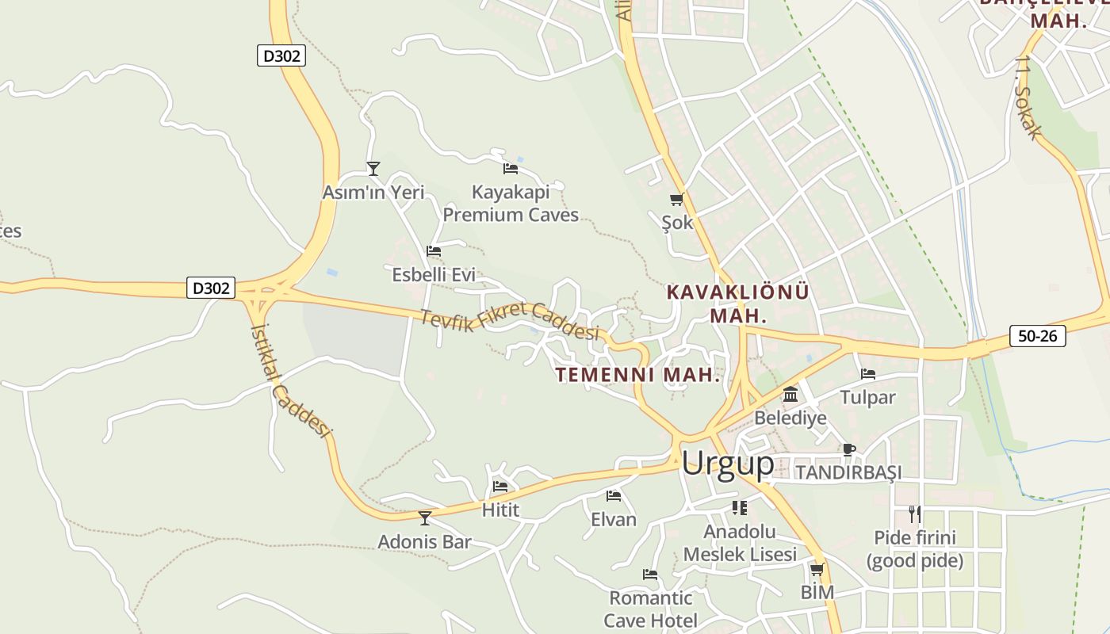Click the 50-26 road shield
pyautogui.click(x=1038, y=336)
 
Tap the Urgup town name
pyautogui.click(x=727, y=464)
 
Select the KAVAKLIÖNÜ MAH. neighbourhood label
pyautogui.click(x=738, y=304)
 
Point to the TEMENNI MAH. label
pyautogui.click(x=638, y=375)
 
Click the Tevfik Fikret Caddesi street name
pyautogui.click(x=509, y=322)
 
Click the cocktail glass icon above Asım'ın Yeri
pyautogui.click(x=373, y=169)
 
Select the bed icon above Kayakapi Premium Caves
pyautogui.click(x=511, y=168)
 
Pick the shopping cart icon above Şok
pyautogui.click(x=676, y=200)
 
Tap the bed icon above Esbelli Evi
pyautogui.click(x=434, y=251)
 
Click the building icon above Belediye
pyautogui.click(x=790, y=394)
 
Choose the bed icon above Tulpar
pyautogui.click(x=868, y=373)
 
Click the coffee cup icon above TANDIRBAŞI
pyautogui.click(x=849, y=449)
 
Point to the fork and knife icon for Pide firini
pyautogui.click(x=915, y=514)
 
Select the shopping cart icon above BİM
pyautogui.click(x=817, y=569)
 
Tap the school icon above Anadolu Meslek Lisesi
pyautogui.click(x=740, y=507)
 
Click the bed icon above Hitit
pyautogui.click(x=500, y=486)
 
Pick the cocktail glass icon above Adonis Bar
pyautogui.click(x=425, y=518)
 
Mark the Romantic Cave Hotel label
pyautogui.click(x=651, y=609)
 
